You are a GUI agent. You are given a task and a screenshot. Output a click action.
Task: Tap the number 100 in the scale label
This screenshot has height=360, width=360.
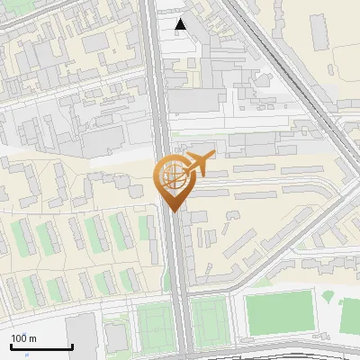19,338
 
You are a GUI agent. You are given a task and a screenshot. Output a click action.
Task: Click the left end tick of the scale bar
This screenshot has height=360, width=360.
11,346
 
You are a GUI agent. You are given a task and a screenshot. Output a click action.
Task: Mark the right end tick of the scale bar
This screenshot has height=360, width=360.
72,346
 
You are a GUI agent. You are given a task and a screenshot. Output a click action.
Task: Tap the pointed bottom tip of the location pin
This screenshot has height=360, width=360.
172,211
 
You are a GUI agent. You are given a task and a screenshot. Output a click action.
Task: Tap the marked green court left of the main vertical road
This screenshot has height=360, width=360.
154,323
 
